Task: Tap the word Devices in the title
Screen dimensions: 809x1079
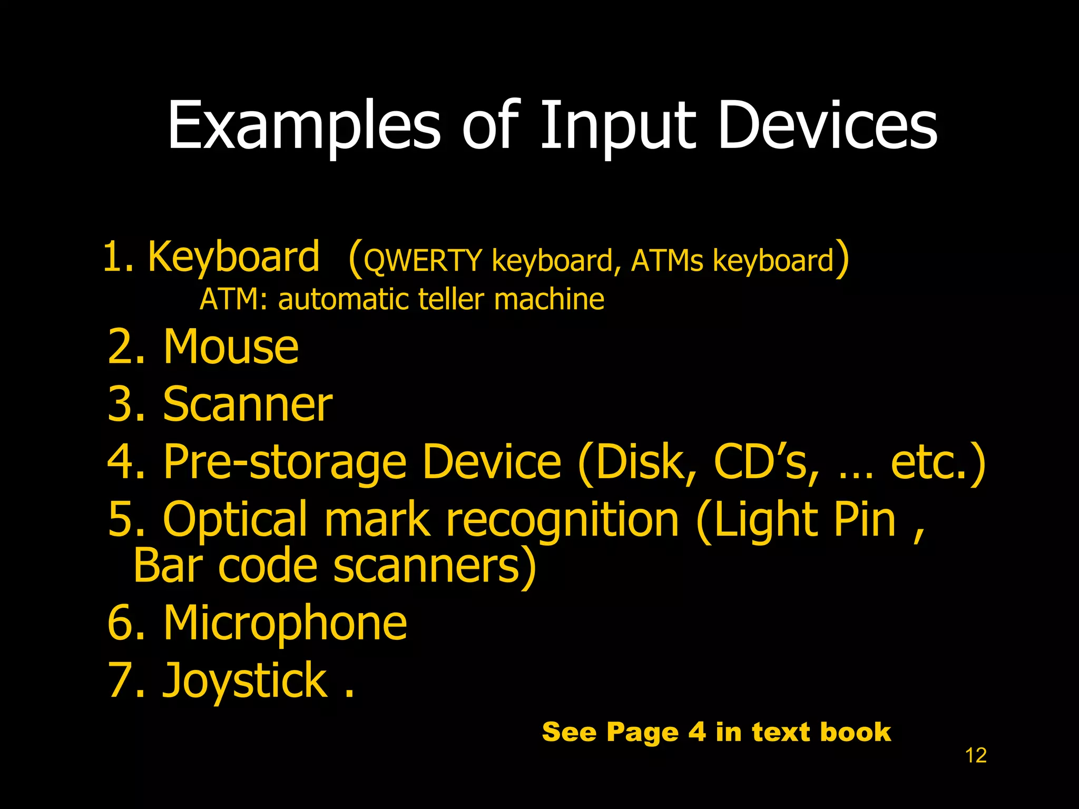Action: pyautogui.click(x=827, y=125)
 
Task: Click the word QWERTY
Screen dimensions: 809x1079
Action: pyautogui.click(x=423, y=261)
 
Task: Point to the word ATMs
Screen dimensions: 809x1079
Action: pyautogui.click(x=666, y=261)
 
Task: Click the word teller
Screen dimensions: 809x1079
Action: pyautogui.click(x=451, y=299)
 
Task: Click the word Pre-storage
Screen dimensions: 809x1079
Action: pyautogui.click(x=285, y=462)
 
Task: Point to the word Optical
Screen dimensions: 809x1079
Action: pyautogui.click(x=235, y=520)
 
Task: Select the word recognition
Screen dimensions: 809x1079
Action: pyautogui.click(x=562, y=520)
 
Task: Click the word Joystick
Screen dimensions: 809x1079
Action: pyautogui.click(x=245, y=680)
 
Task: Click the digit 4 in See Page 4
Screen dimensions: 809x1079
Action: pyautogui.click(x=697, y=732)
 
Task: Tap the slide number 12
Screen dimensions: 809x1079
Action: pyautogui.click(x=975, y=755)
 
